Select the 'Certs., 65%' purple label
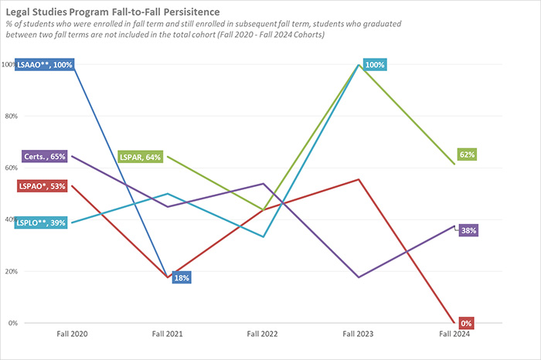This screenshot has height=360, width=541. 45,156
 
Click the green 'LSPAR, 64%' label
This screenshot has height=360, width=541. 140,157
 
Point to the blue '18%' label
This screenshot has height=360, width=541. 181,277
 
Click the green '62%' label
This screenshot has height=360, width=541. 467,155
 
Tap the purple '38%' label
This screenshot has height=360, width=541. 469,230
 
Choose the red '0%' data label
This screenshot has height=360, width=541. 466,322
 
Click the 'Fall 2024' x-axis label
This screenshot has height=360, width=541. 454,334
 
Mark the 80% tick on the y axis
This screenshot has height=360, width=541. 9,116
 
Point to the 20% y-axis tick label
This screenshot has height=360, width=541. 9,271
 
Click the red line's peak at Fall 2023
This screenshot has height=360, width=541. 359,179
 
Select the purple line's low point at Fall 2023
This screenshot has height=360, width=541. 359,277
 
